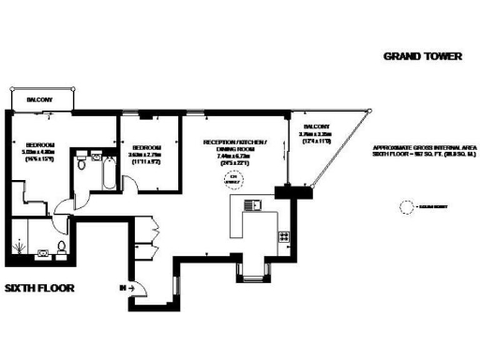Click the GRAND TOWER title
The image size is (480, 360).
pyautogui.click(x=423, y=56)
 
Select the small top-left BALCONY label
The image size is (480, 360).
pyautogui.click(x=38, y=100)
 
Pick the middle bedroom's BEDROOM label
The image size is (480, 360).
pyautogui.click(x=147, y=148)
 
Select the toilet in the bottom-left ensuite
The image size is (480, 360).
pyautogui.click(x=62, y=247)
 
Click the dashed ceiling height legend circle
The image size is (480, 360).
pyautogui.click(x=408, y=205)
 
